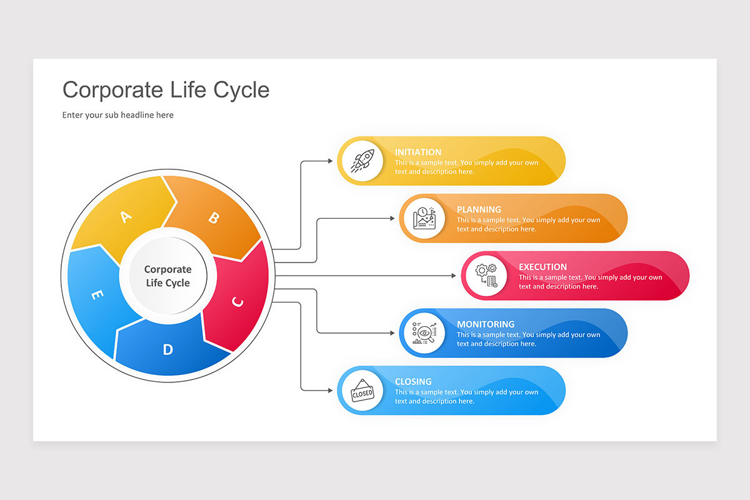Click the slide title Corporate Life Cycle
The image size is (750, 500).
[x=166, y=90]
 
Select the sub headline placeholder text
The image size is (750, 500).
[x=117, y=115]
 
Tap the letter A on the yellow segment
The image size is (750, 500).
[x=126, y=217]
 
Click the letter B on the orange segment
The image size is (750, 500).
[x=213, y=217]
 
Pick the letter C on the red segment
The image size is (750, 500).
[x=237, y=302]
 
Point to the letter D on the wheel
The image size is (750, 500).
[x=167, y=349]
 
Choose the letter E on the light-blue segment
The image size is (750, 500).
[x=97, y=295]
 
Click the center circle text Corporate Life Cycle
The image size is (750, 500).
[x=167, y=276]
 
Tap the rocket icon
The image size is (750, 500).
[x=363, y=161]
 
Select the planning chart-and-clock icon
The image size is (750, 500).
[x=424, y=219]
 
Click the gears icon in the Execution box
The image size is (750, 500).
[x=486, y=276]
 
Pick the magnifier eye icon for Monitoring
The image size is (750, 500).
[x=424, y=333]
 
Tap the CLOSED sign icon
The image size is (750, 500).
[x=362, y=391]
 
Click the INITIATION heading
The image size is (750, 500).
[x=417, y=152]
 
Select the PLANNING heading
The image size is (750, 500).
[x=479, y=209]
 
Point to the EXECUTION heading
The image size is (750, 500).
[x=542, y=267]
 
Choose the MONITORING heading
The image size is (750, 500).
[x=486, y=324]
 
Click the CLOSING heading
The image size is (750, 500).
[x=413, y=382]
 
